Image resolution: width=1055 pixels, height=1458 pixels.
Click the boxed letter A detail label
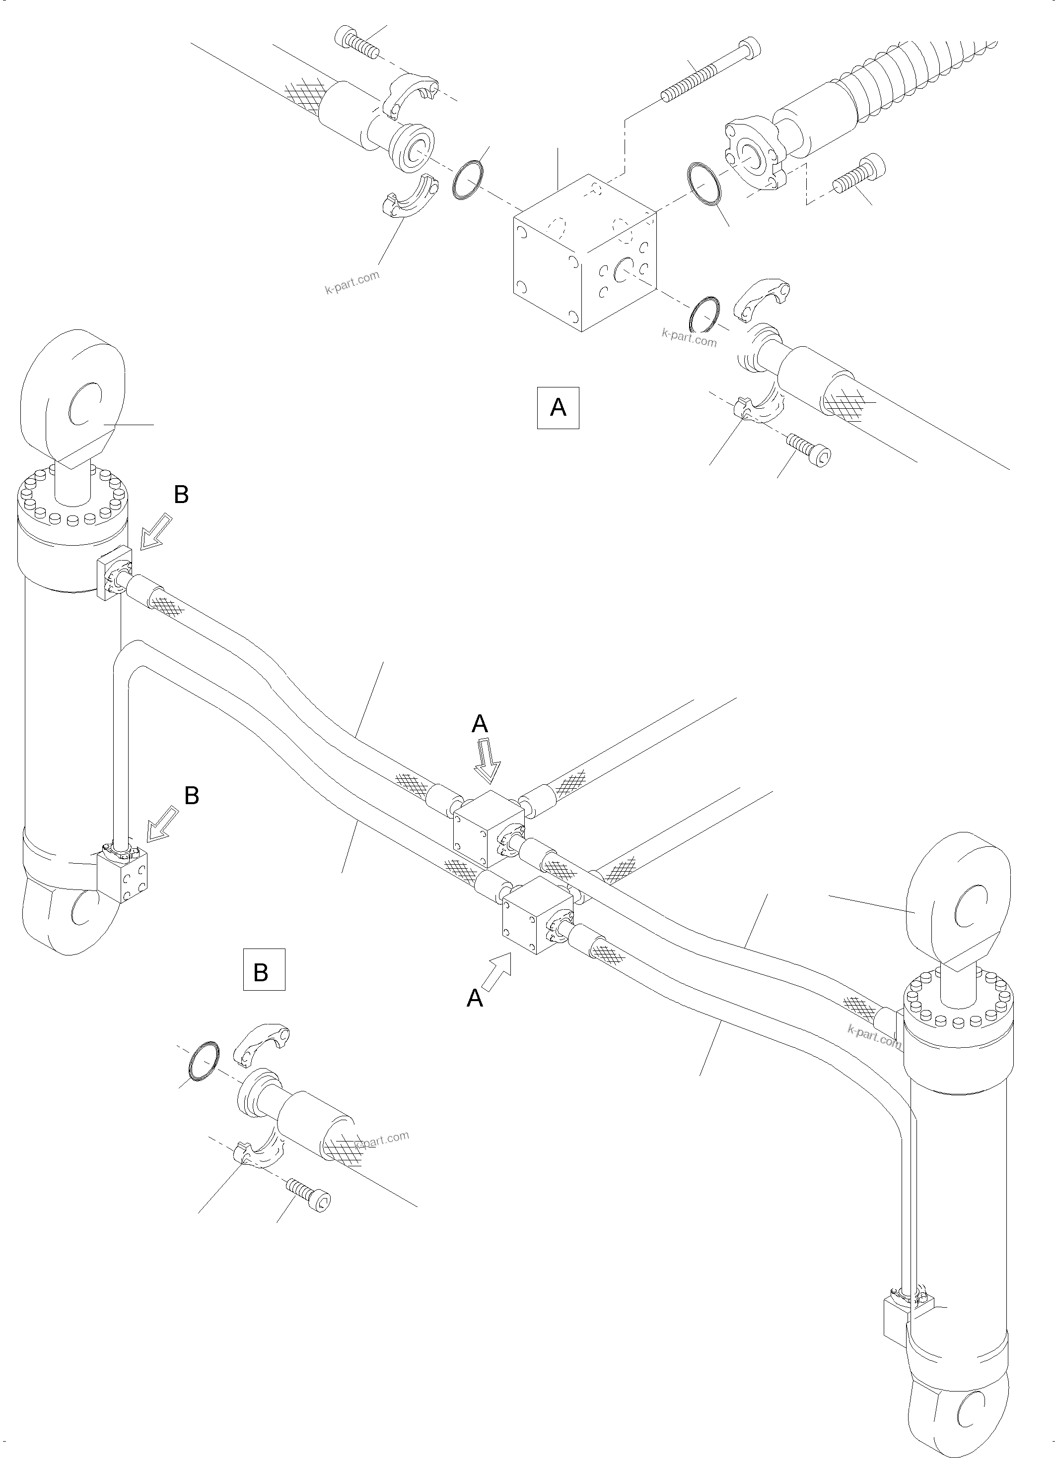point(558,407)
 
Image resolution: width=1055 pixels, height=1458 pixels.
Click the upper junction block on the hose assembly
point(488,829)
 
